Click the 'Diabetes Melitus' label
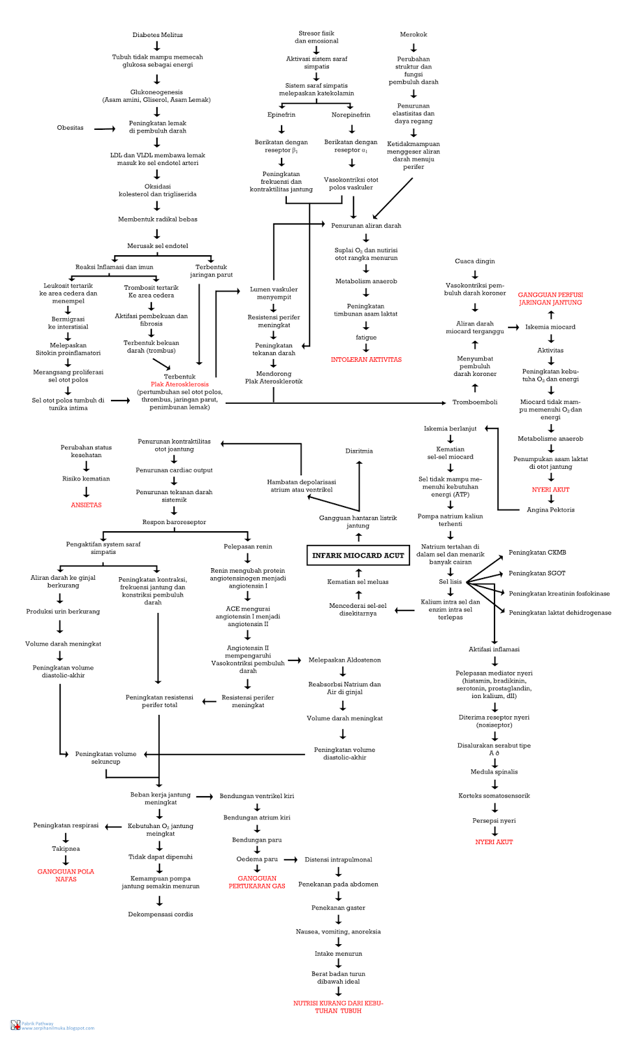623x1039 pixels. [157, 35]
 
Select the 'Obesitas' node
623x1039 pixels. [70, 128]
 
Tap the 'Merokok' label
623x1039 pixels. [413, 34]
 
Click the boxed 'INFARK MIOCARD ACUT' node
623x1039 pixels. [358, 555]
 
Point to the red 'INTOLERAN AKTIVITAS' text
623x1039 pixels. [366, 359]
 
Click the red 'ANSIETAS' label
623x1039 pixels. [86, 505]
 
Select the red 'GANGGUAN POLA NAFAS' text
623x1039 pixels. [66, 875]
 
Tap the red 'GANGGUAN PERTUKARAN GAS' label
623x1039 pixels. [257, 882]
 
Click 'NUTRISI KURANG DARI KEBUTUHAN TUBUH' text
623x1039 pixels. [338, 1007]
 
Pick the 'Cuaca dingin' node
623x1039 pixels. [474, 261]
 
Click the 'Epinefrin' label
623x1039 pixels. [281, 115]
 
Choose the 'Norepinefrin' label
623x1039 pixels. [350, 115]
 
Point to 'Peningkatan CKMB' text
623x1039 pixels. [537, 553]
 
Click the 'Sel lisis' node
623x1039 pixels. [450, 582]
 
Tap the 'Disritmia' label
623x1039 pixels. [359, 451]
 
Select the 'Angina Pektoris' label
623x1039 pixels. [550, 510]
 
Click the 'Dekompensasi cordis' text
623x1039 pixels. [160, 914]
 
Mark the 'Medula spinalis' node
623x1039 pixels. [494, 772]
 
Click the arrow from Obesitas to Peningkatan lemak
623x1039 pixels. [104, 129]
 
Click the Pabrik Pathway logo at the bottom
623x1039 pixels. [15, 1025]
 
